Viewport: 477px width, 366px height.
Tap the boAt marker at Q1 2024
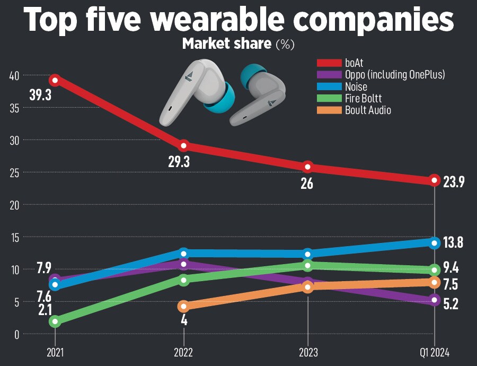click(x=435, y=180)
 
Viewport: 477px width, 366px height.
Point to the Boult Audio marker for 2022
click(x=184, y=306)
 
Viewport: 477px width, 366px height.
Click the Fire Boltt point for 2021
click(x=55, y=321)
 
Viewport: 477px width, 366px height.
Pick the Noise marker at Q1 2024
click(x=435, y=243)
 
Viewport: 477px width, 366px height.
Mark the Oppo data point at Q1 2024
click(x=435, y=300)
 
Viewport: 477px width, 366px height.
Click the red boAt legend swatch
click(x=329, y=63)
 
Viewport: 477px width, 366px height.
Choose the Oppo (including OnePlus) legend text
click(x=395, y=75)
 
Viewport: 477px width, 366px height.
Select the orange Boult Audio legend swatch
click(x=329, y=110)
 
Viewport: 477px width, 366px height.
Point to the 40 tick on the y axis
click(x=14, y=75)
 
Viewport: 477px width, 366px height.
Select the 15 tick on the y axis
click(x=14, y=238)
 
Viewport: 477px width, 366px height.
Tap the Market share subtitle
click(x=226, y=44)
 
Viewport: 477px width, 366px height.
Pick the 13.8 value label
click(x=453, y=243)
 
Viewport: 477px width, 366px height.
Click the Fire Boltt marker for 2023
click(x=308, y=265)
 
